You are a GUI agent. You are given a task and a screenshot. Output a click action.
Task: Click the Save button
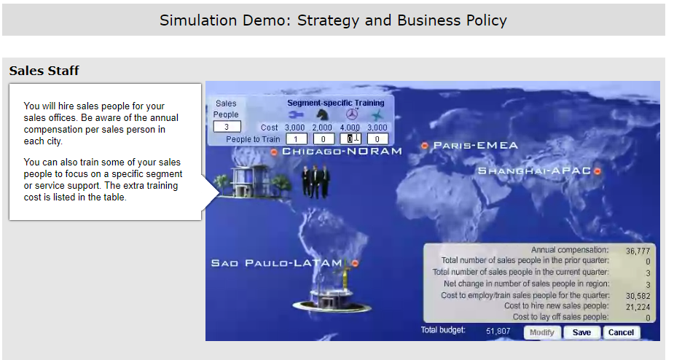tap(581, 332)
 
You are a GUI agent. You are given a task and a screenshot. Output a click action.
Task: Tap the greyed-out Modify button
tap(542, 332)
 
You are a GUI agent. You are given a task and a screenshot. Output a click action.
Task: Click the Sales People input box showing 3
tap(227, 127)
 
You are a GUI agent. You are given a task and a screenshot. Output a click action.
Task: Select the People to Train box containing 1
tap(297, 139)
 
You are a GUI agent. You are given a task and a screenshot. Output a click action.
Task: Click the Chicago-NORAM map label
tap(342, 152)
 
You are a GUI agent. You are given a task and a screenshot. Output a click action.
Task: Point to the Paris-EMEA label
tap(475, 145)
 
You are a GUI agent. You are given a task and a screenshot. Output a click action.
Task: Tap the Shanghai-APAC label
tap(534, 171)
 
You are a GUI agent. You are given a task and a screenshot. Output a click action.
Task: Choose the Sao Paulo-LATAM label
tap(276, 263)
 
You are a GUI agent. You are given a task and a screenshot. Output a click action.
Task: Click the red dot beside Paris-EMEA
tap(425, 146)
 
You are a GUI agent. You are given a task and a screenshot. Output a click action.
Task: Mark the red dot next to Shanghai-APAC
tap(597, 171)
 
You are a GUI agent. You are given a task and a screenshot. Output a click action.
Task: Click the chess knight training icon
tap(322, 114)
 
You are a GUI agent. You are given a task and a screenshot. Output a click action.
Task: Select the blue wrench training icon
tap(295, 114)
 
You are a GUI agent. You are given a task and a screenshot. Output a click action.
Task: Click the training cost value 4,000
tap(350, 128)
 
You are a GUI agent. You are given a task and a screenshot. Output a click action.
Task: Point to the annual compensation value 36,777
tap(638, 251)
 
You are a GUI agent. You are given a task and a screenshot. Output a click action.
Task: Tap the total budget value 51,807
tap(498, 331)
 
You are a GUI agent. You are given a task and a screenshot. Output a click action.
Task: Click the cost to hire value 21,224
tap(638, 307)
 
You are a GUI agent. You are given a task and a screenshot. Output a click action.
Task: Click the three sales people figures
tap(316, 181)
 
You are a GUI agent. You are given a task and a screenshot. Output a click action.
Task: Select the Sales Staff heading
tap(44, 71)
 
